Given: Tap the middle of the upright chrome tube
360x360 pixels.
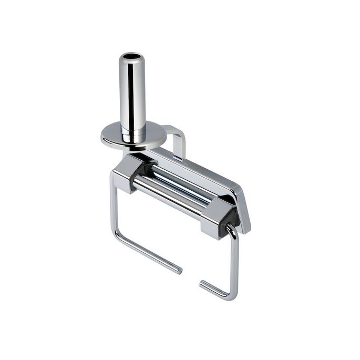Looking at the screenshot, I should [x=132, y=95].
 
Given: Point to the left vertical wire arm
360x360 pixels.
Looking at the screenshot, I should [x=112, y=205].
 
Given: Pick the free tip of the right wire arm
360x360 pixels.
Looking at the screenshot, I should [x=202, y=285].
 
